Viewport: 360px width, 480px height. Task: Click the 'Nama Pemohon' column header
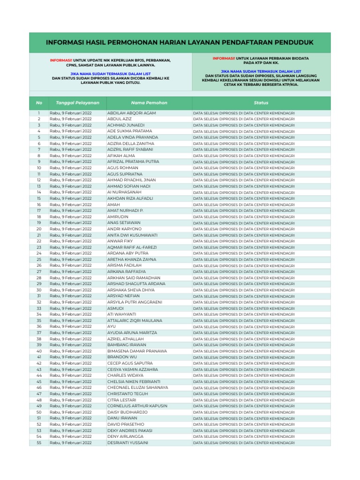click(x=149, y=103)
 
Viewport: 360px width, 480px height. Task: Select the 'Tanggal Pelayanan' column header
click(x=77, y=103)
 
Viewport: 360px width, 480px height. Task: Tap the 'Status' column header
click(x=261, y=103)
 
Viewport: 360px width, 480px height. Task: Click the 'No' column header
click(x=39, y=103)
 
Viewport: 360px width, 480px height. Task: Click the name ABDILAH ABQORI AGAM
click(x=131, y=113)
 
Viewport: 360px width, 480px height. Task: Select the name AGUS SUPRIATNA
click(x=125, y=174)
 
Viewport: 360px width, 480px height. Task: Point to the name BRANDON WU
click(x=121, y=357)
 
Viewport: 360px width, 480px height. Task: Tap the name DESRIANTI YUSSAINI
click(x=127, y=442)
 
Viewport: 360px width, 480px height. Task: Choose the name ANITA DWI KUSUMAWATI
click(x=132, y=235)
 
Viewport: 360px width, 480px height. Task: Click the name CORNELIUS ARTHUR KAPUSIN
click(x=137, y=406)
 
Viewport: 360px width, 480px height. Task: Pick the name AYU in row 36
click(x=111, y=327)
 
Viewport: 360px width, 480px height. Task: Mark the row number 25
click(x=39, y=260)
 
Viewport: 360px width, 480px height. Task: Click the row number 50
click(x=39, y=412)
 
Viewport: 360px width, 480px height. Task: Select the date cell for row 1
click(x=71, y=113)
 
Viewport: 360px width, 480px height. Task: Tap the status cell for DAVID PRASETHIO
click(x=244, y=425)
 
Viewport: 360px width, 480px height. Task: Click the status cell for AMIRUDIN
click(x=244, y=217)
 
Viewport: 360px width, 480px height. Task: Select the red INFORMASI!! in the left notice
click(x=61, y=60)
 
